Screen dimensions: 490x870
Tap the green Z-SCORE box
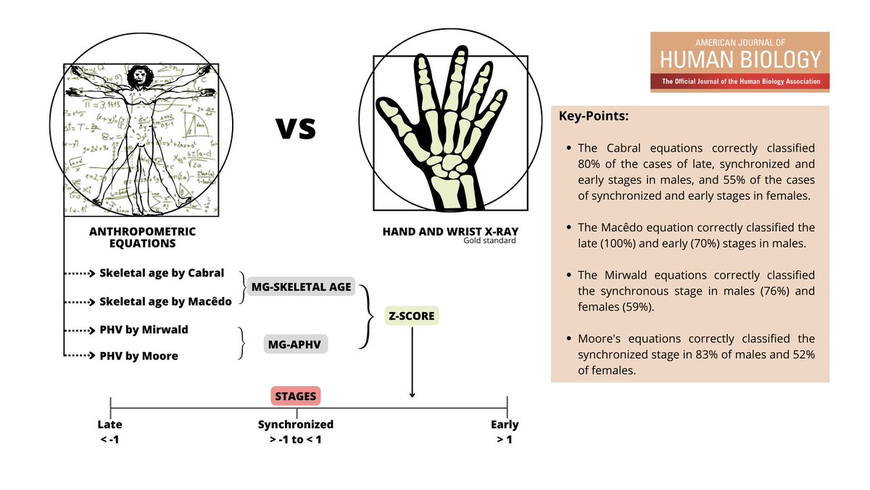[x=412, y=316]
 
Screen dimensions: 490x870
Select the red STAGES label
[x=296, y=396]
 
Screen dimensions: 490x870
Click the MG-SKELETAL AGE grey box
[x=302, y=287]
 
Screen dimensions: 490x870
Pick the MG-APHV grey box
[x=296, y=344]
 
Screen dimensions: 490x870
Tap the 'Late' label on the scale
[x=110, y=425]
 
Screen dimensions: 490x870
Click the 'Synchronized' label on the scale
[x=296, y=425]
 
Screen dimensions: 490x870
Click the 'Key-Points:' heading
[x=594, y=116]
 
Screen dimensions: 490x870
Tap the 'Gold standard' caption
[x=490, y=240]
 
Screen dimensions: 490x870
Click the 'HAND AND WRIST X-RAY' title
[x=449, y=232]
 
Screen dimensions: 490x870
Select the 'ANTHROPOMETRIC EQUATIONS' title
[x=142, y=237]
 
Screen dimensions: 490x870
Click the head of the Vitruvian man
[x=138, y=75]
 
